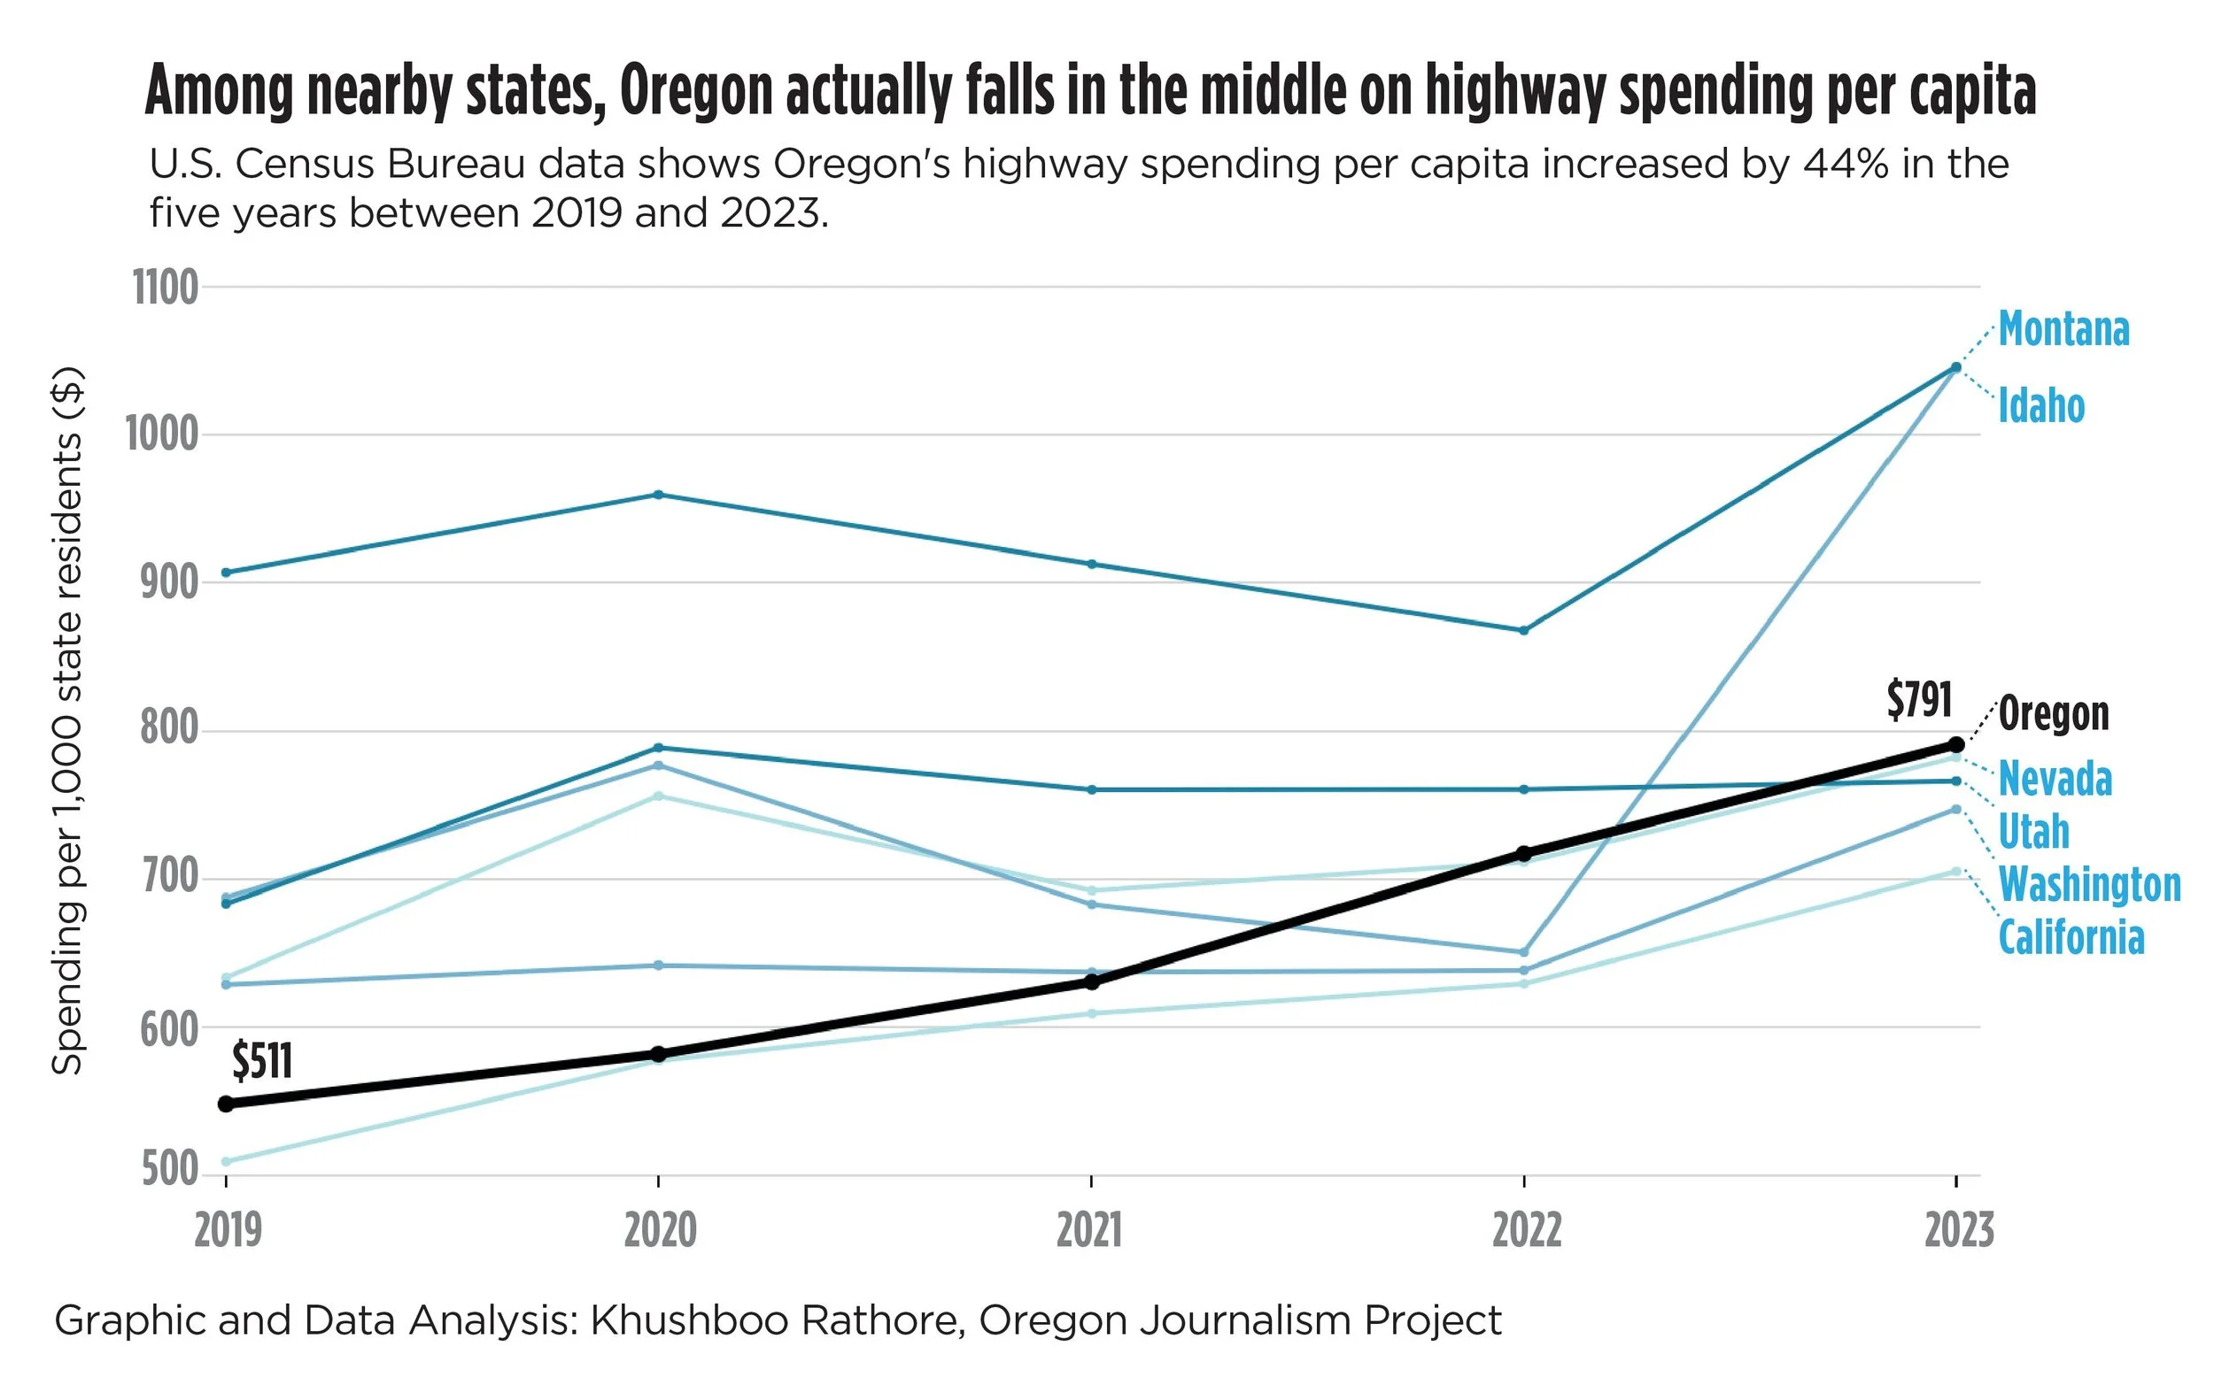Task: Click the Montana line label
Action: [x=2063, y=330]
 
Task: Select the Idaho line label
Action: [x=2041, y=406]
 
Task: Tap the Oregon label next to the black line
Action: [x=2054, y=714]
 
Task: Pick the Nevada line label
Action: [x=2055, y=780]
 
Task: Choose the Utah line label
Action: [x=2033, y=833]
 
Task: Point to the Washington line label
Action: [x=2089, y=885]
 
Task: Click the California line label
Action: [x=2071, y=938]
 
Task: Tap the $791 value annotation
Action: [x=1919, y=701]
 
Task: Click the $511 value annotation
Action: [x=262, y=1062]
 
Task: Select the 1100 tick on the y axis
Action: [x=166, y=288]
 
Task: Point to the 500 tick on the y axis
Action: [x=170, y=1170]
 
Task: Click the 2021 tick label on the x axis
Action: [x=1089, y=1231]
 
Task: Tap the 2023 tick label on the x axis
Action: [x=1958, y=1231]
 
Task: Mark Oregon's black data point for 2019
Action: [x=227, y=1104]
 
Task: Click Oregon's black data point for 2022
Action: [x=1523, y=854]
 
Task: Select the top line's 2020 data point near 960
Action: [x=659, y=495]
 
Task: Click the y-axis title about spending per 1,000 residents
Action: [x=67, y=719]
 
